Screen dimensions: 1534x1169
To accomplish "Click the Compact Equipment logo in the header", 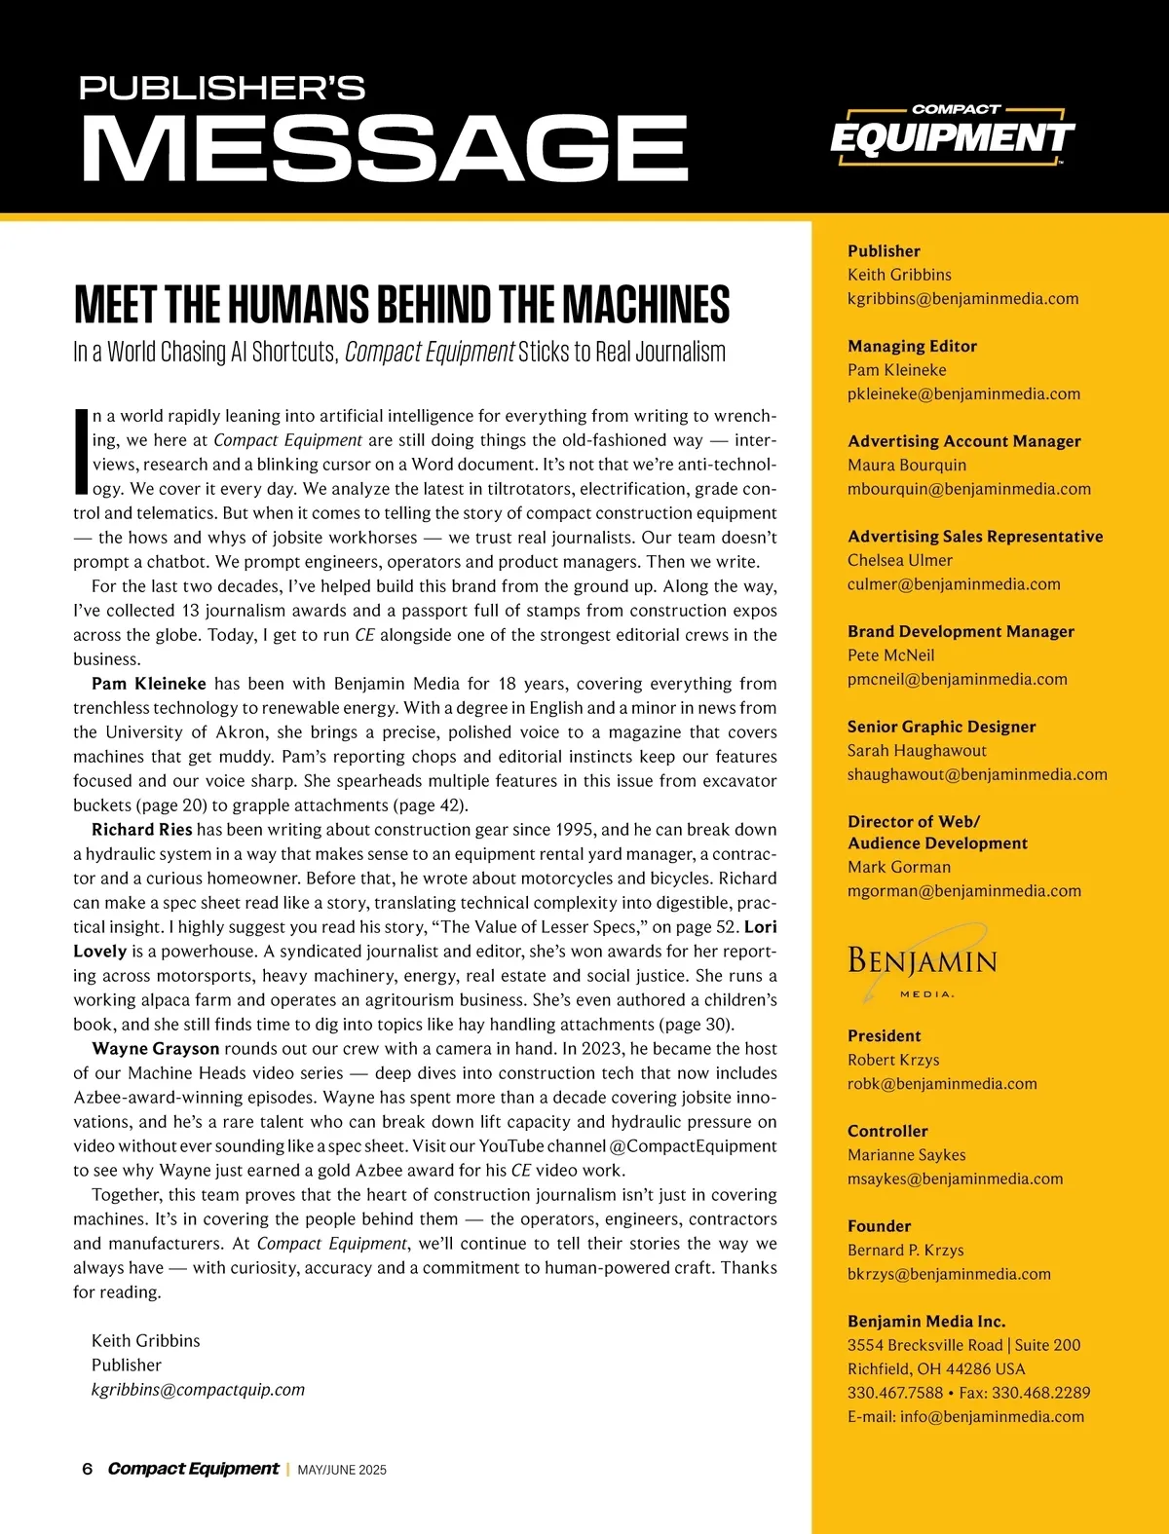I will (x=952, y=135).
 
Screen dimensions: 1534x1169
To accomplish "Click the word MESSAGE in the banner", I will (x=385, y=148).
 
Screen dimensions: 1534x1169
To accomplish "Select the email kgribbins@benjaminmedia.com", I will (x=962, y=299).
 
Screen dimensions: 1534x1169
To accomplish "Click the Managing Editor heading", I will (x=912, y=347).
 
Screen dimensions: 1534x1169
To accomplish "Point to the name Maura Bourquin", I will (x=907, y=466).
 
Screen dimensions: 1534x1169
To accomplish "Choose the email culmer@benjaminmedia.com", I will (x=954, y=584).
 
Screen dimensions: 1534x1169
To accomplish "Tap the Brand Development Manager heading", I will (x=961, y=631).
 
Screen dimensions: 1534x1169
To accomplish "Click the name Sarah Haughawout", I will (x=917, y=751).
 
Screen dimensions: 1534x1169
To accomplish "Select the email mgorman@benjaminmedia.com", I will (x=964, y=891).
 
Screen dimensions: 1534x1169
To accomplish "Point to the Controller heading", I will (x=887, y=1132).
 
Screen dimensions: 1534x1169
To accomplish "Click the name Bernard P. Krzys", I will (x=905, y=1251).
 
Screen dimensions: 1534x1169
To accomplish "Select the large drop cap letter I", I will (x=81, y=451).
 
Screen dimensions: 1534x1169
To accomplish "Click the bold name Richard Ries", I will (x=142, y=830).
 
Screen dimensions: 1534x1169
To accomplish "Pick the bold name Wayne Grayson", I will (x=156, y=1049).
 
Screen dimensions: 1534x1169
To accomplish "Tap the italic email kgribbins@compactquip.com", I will (x=198, y=1390).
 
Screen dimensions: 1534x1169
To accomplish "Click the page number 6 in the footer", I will (x=88, y=1469).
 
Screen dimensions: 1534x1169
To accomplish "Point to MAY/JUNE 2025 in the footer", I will (x=342, y=1470).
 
